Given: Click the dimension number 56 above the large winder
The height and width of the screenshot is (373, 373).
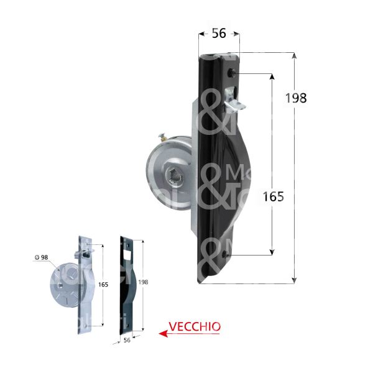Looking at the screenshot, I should tap(218, 34).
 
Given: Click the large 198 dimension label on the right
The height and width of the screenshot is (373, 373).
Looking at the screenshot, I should tap(297, 98).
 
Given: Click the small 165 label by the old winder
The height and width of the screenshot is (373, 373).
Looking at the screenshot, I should tap(103, 284).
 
